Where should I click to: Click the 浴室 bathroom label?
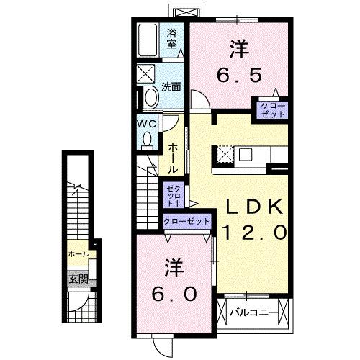tap(172, 37)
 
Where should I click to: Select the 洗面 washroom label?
tap(171, 88)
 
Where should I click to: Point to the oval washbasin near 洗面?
tap(151, 97)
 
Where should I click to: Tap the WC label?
tap(147, 124)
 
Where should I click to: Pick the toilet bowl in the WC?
tap(148, 141)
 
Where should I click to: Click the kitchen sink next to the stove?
tap(246, 153)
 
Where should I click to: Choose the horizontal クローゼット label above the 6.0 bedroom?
tap(187, 222)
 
